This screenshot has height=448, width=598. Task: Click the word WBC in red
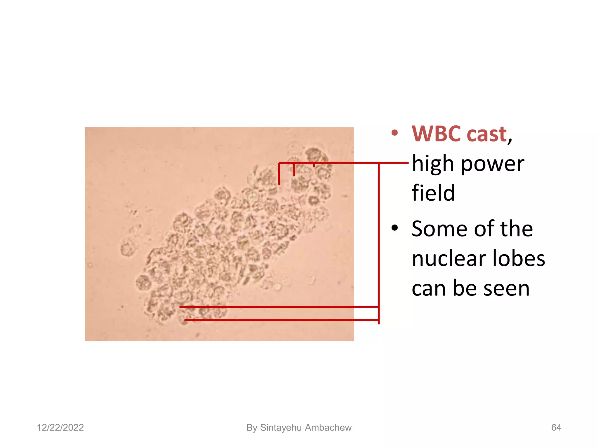[437, 134]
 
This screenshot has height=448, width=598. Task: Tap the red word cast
[487, 134]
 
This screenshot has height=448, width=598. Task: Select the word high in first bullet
[433, 164]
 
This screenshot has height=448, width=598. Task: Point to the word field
[433, 193]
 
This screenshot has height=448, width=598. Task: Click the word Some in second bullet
[440, 229]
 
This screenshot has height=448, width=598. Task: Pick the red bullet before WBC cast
[395, 134]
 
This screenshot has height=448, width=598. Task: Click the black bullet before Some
[395, 228]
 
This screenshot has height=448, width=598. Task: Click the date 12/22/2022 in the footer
[60, 428]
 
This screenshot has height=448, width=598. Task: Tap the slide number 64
[556, 428]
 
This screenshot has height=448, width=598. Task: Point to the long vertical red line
[379, 242]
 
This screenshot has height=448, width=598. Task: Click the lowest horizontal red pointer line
[280, 320]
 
